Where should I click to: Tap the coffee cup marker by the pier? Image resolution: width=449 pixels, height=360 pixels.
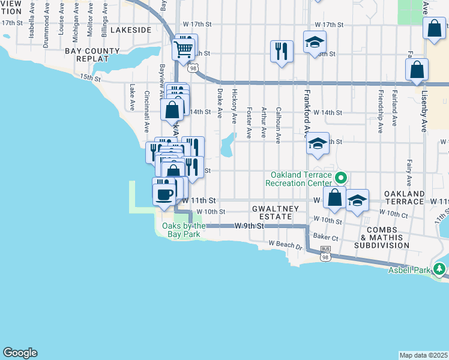164,193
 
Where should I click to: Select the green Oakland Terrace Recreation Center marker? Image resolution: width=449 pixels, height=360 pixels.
341,178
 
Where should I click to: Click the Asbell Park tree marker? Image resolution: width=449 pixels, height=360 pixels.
441,269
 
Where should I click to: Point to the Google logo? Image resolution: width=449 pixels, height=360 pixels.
20,353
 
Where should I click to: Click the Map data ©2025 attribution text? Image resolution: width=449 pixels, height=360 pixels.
423,355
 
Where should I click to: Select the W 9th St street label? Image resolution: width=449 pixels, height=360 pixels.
249,226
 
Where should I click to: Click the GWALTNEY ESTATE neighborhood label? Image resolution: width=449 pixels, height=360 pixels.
275,212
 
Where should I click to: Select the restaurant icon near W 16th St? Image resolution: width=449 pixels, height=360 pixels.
281,51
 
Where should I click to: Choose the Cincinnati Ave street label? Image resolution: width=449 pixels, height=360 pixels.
147,112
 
